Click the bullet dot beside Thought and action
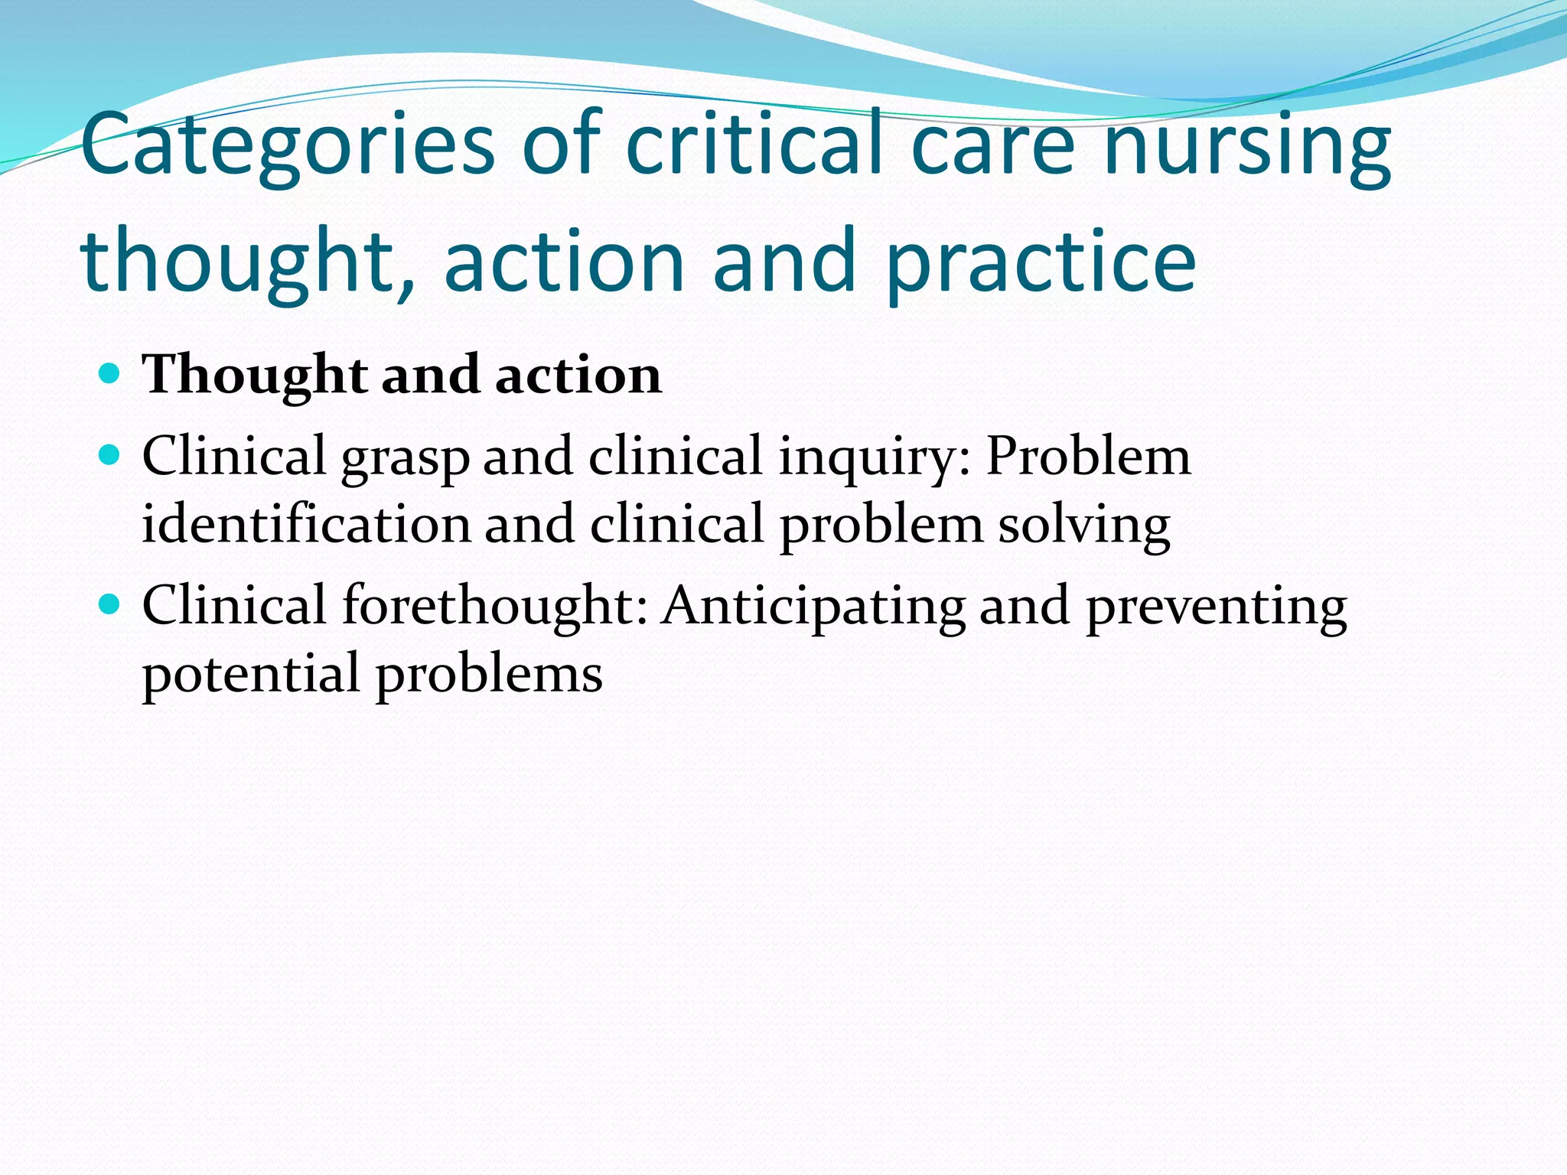110,374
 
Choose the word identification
306,525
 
